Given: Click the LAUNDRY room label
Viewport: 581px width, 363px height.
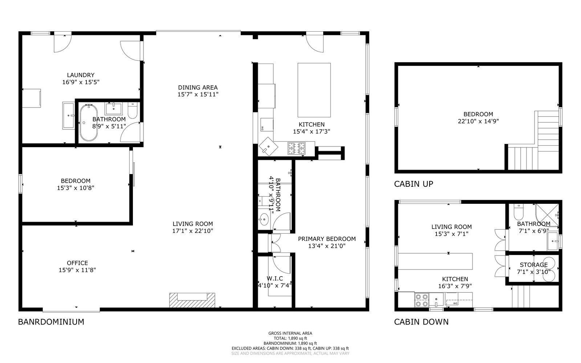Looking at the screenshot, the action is pyautogui.click(x=81, y=75).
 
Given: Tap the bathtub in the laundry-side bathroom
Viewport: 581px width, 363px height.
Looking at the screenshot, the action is pyautogui.click(x=89, y=122).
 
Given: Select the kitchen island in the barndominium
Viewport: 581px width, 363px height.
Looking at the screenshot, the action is pyautogui.click(x=314, y=90).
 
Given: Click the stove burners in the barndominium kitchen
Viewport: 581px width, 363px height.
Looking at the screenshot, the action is pyautogui.click(x=296, y=148).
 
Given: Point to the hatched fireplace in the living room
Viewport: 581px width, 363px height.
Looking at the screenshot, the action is pyautogui.click(x=192, y=300).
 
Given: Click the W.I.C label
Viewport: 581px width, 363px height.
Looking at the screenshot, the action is pyautogui.click(x=275, y=279).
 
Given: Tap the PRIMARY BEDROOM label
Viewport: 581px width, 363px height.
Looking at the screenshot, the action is pyautogui.click(x=327, y=239).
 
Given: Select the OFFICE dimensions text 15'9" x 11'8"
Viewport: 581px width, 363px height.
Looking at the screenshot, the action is pyautogui.click(x=77, y=270).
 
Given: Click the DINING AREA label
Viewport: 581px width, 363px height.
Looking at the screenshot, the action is pyautogui.click(x=198, y=88).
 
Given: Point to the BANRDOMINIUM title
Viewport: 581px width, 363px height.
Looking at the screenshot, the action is pyautogui.click(x=51, y=322).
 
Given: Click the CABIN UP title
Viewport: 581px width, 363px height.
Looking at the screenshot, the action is pyautogui.click(x=414, y=184).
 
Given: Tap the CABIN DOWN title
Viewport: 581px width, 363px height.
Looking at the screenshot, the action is pyautogui.click(x=421, y=322).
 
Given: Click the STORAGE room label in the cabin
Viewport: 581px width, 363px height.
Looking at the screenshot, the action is pyautogui.click(x=534, y=265).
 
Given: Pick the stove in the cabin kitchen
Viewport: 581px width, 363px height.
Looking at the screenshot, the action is pyautogui.click(x=422, y=300).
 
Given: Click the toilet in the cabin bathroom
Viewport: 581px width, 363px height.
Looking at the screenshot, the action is pyautogui.click(x=519, y=212).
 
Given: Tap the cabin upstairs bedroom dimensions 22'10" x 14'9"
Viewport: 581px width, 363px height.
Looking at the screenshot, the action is pyautogui.click(x=478, y=121).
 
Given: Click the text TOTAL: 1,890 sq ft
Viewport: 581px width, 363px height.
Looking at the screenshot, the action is pyautogui.click(x=290, y=338).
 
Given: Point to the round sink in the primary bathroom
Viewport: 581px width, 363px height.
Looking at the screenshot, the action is pyautogui.click(x=264, y=219).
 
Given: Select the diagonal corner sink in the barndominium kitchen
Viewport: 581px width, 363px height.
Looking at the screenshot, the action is pyautogui.click(x=268, y=146).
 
